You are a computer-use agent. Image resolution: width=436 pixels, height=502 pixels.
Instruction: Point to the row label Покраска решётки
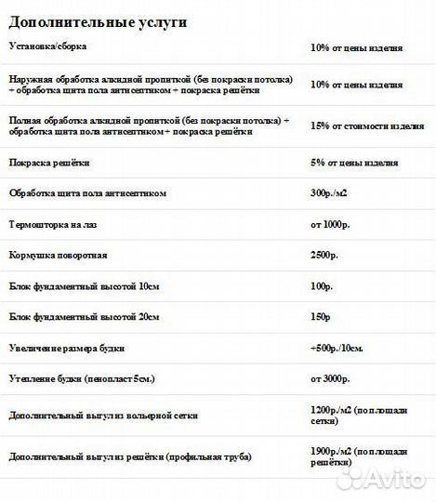coord(49,163)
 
